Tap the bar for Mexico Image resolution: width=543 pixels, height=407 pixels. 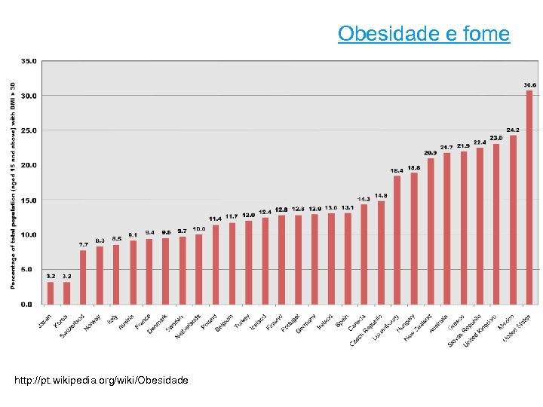513,219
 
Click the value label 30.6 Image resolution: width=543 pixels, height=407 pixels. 529,85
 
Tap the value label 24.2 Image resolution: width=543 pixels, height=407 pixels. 513,130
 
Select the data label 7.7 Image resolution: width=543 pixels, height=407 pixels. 83,244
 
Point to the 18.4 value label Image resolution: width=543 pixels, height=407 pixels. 397,170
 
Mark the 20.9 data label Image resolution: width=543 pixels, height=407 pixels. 431,153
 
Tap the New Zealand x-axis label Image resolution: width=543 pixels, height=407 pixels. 419,327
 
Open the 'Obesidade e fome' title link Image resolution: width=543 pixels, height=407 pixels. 423,34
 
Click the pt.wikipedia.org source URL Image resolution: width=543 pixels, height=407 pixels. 102,379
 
